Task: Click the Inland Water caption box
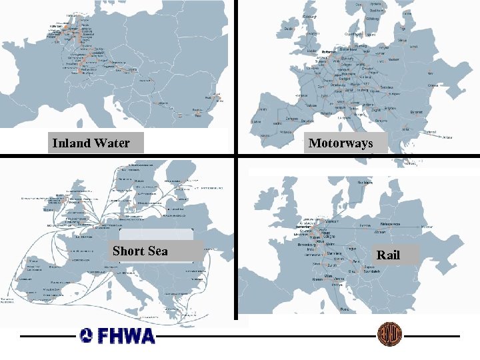[91, 143]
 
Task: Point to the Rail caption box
[388, 254]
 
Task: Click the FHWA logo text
[117, 335]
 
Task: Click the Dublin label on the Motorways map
[288, 29]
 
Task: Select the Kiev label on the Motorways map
[430, 73]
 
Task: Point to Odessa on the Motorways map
[433, 85]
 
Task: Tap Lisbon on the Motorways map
[256, 122]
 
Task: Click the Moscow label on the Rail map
[427, 227]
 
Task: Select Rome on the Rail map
[344, 309]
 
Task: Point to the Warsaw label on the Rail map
[381, 232]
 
